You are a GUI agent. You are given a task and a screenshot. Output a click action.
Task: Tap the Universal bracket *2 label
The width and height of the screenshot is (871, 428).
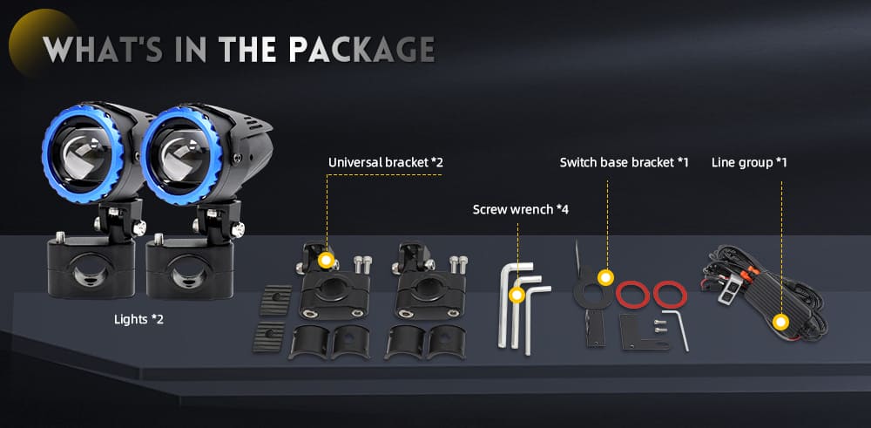pyautogui.click(x=386, y=162)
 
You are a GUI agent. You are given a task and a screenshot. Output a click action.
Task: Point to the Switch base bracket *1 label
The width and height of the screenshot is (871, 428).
pyautogui.click(x=624, y=162)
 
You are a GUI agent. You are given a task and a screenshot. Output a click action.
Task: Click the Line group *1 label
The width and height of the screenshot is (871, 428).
pyautogui.click(x=750, y=162)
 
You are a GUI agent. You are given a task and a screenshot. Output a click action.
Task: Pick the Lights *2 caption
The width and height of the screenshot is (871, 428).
pyautogui.click(x=138, y=319)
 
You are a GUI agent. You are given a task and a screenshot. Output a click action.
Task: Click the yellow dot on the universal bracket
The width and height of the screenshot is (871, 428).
pyautogui.click(x=326, y=260)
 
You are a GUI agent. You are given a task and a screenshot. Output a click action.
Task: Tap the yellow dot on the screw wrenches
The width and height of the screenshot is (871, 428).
pyautogui.click(x=517, y=295)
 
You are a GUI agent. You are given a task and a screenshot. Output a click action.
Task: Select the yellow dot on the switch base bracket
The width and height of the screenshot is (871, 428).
pyautogui.click(x=604, y=278)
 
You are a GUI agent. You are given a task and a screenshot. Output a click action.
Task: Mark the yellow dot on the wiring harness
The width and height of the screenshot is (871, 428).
pyautogui.click(x=782, y=322)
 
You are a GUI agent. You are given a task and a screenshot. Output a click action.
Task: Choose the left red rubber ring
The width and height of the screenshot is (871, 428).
pyautogui.click(x=632, y=293)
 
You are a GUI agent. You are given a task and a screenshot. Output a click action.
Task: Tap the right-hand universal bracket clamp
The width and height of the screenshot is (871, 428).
pyautogui.click(x=421, y=283)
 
